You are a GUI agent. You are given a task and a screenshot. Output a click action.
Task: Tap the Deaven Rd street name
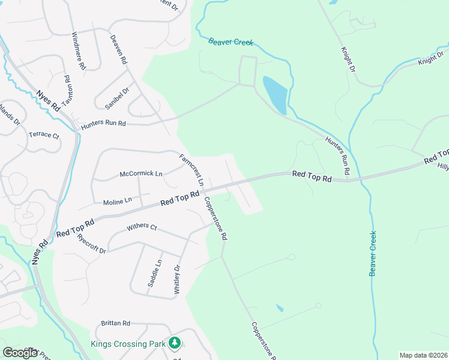tap(118, 50)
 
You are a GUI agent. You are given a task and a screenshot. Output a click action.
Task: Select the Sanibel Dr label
tap(116, 98)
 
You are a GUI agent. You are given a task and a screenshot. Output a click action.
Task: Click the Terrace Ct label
tap(44, 135)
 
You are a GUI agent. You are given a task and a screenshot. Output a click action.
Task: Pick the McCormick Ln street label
tap(141, 174)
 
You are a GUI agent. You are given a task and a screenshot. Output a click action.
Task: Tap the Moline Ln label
tap(117, 202)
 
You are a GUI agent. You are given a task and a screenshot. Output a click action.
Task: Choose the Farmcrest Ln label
tap(192, 169)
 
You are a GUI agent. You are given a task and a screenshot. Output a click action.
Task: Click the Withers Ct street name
tap(142, 228)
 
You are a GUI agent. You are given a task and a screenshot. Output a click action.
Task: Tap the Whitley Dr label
tap(177, 280)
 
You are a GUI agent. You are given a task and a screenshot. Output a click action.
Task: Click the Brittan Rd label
tap(116, 323)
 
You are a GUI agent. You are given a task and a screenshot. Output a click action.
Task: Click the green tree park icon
tap(175, 343)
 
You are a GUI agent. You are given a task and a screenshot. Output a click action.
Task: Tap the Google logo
tap(20, 353)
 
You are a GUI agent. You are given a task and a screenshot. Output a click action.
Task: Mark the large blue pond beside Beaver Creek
tap(276, 94)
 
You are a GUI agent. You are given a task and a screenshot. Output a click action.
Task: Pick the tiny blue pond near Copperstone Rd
tap(280, 308)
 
